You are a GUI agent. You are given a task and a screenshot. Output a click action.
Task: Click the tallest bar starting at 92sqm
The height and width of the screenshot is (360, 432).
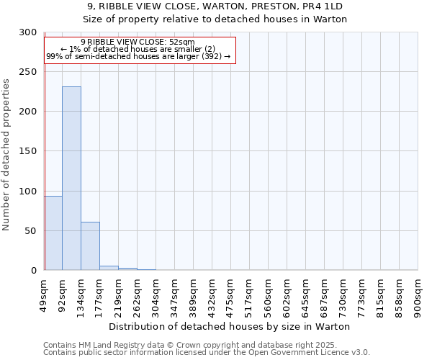pyautogui.click(x=71, y=178)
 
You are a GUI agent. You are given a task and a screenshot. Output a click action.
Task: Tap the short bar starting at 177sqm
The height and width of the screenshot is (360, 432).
pyautogui.click(x=109, y=268)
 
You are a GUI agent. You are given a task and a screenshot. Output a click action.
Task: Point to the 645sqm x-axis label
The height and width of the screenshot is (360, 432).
pyautogui.click(x=306, y=294)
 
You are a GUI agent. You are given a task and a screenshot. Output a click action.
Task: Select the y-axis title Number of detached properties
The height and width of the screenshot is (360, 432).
pyautogui.click(x=6, y=155)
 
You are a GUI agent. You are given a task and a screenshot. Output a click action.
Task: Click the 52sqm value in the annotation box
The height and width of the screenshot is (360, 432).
pyautogui.click(x=180, y=42)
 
